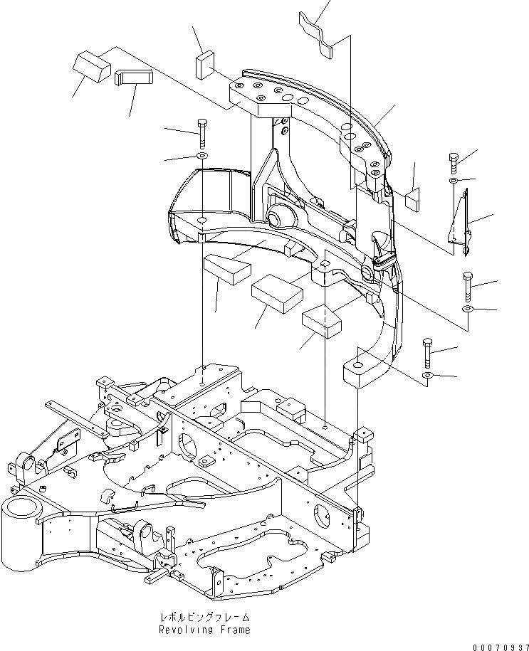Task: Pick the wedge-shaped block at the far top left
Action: [x=90, y=67]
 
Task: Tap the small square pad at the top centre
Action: [x=204, y=63]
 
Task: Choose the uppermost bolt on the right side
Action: [x=454, y=162]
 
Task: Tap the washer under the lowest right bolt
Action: [x=426, y=374]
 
